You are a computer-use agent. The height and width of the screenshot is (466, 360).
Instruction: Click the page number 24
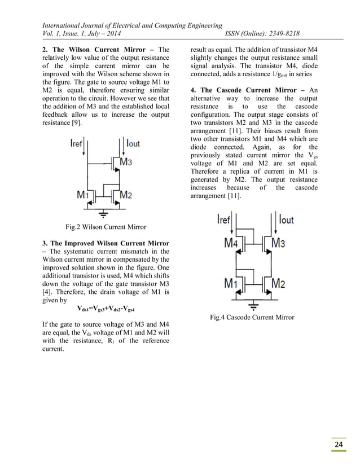[x=339, y=446]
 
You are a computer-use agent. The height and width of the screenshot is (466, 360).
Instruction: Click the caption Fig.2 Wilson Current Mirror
[x=106, y=227]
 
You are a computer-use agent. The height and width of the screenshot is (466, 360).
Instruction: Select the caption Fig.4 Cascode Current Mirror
[x=252, y=318]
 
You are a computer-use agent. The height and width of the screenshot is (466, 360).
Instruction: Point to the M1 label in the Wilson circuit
[x=83, y=195]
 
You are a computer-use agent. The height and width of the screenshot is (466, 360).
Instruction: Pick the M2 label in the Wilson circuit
[x=125, y=195]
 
